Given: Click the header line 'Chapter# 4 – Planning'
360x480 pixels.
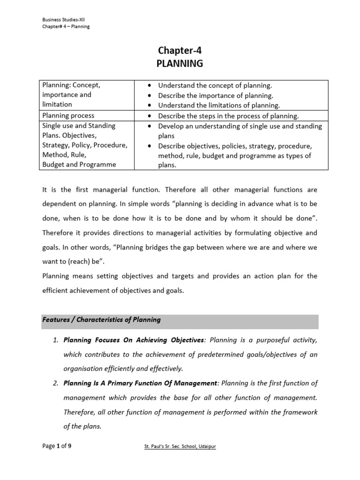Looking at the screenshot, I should point(66,27).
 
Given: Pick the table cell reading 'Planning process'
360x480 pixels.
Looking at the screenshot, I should point(68,115).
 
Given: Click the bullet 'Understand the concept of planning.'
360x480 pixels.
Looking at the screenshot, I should point(215,85).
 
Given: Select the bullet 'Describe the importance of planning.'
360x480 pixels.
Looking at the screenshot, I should point(215,96).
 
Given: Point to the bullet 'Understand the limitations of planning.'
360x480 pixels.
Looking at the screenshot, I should point(218,105).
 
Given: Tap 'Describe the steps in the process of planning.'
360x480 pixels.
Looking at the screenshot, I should point(228,116).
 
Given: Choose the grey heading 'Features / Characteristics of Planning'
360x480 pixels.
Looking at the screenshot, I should point(102,320).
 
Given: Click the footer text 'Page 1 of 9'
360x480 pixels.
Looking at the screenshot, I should point(57,446).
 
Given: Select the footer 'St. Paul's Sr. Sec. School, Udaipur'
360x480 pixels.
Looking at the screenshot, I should point(180,447).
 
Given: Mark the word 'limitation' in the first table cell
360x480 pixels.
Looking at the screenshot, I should point(57,104).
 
